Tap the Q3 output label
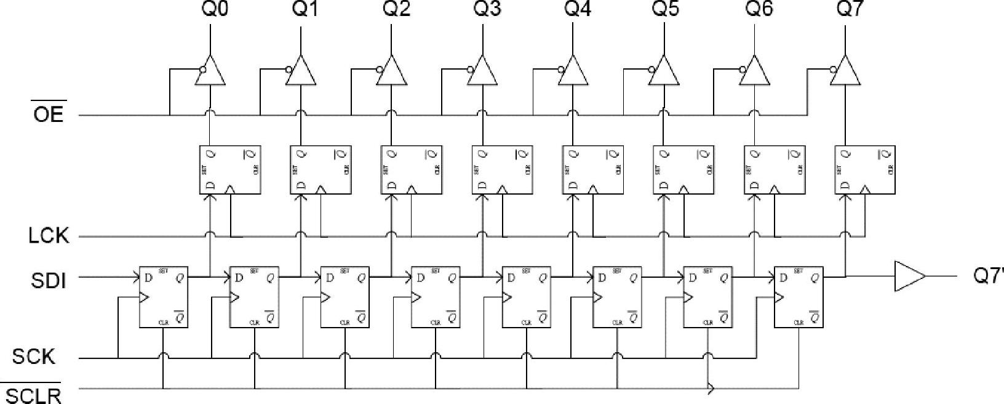487,10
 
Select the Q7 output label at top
850,10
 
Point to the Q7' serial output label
987,276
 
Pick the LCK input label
48,236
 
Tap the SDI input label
48,281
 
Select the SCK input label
34,357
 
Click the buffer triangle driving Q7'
909,277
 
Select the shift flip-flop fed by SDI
163,297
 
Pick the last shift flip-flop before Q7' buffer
798,297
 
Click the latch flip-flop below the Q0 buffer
230,170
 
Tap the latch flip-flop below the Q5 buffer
683,170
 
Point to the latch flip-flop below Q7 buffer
864,170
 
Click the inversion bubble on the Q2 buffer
380,69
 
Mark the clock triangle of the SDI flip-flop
143,297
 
